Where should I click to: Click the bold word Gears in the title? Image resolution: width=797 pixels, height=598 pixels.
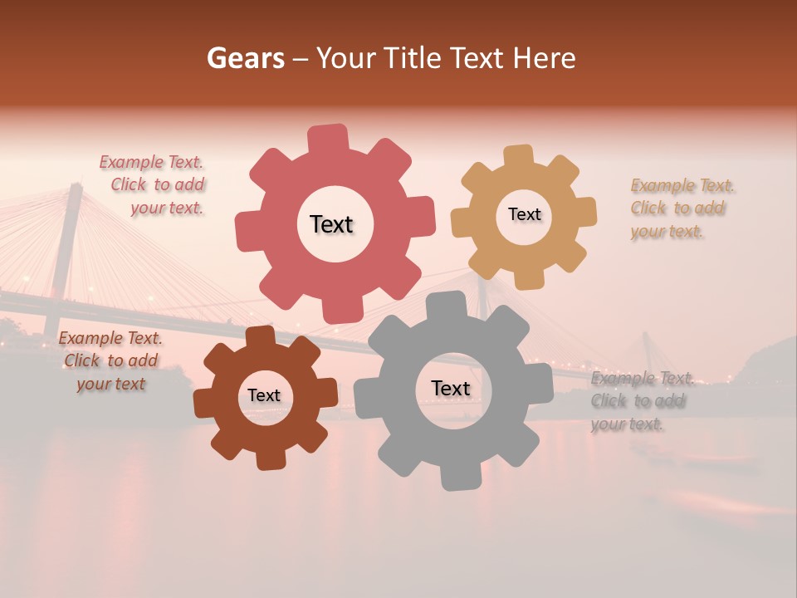click(x=245, y=58)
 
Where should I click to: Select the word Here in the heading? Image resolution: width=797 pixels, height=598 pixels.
click(x=544, y=58)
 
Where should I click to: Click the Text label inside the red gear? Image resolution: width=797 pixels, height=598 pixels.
click(x=331, y=224)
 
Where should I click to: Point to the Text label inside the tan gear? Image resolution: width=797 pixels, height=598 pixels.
click(x=524, y=214)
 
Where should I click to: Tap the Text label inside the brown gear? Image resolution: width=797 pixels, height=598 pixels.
click(x=264, y=395)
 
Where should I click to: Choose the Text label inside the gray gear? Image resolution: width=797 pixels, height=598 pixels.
click(x=450, y=389)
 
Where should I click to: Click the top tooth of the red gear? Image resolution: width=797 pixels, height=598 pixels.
click(x=327, y=139)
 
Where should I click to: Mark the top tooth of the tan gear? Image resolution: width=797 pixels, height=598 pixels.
click(x=519, y=157)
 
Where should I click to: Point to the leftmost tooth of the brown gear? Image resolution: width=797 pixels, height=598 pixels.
click(x=205, y=403)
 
